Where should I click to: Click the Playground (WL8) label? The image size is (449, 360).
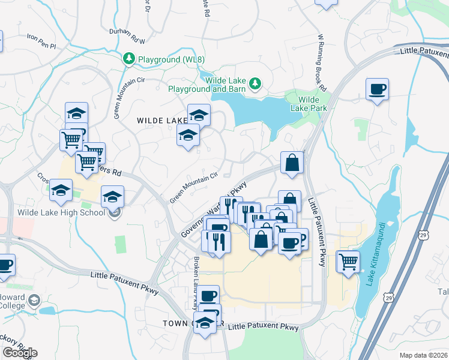coord(163,59)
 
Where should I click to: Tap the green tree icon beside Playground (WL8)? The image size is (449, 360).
coord(128,59)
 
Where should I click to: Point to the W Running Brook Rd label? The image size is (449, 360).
coord(321,60)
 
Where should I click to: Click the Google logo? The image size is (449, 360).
coord(20,352)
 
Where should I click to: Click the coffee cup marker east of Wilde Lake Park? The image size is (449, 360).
coord(377,90)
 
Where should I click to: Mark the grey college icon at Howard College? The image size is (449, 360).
coord(35,299)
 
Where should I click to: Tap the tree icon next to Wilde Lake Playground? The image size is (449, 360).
coord(256,83)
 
